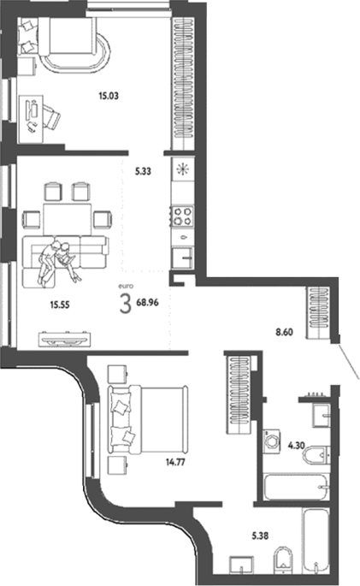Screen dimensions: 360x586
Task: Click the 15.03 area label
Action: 109,96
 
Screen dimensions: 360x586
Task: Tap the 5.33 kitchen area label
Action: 143,172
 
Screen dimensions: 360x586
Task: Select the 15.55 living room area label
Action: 60,305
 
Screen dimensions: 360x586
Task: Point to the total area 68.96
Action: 148,302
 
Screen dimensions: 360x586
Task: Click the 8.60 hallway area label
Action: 284,332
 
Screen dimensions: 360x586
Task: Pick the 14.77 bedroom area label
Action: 175,463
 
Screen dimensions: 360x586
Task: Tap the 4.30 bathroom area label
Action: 296,446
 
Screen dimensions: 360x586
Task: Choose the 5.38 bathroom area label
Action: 260,536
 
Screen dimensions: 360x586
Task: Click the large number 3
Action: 126,303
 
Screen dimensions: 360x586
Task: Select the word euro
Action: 126,287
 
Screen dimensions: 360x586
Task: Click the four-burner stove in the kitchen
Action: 182,216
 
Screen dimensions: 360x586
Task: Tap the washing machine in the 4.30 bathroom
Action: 271,441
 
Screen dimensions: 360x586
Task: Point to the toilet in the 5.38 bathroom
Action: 282,559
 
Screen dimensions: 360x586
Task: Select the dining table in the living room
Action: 68,219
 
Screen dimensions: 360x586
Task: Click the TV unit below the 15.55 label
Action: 64,339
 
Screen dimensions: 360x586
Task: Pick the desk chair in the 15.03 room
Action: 50,117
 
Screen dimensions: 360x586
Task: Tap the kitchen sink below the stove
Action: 182,257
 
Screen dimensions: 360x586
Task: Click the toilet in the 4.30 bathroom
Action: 316,454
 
